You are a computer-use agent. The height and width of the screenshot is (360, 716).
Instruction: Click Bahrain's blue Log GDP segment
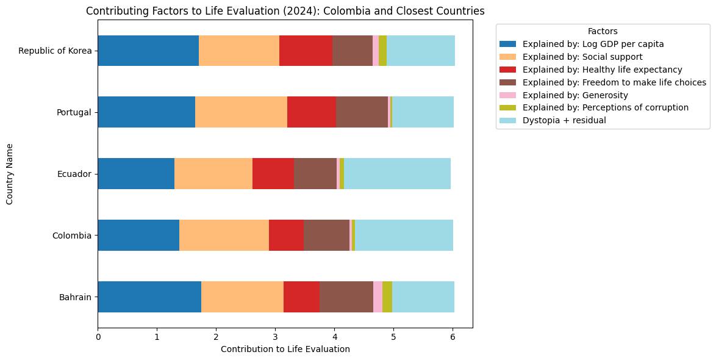pos(149,297)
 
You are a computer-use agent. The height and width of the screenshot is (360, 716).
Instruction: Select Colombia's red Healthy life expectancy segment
pos(286,235)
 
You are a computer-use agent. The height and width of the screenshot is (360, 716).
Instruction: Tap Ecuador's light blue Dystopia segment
pos(397,173)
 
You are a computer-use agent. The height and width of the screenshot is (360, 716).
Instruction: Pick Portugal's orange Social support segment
pos(241,112)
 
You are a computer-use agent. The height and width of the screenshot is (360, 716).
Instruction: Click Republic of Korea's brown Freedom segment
pos(353,50)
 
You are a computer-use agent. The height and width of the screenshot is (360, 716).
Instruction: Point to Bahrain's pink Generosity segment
pos(378,297)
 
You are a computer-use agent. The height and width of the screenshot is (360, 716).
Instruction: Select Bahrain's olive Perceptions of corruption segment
pos(387,297)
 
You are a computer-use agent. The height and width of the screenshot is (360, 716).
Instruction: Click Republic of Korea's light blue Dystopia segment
pos(421,50)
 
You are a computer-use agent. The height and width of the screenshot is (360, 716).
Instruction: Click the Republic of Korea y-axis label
pos(55,51)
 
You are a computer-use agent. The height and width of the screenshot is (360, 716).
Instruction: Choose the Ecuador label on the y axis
pos(75,174)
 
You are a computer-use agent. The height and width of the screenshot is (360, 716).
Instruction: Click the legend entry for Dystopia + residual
pos(573,120)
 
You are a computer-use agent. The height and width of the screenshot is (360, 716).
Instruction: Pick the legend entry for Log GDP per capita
pos(593,44)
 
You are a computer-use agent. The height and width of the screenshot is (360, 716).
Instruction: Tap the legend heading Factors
pos(603,31)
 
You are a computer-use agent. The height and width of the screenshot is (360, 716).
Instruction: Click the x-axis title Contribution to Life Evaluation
pos(285,349)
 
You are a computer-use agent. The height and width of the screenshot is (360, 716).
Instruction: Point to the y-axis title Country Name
pos(10,174)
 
